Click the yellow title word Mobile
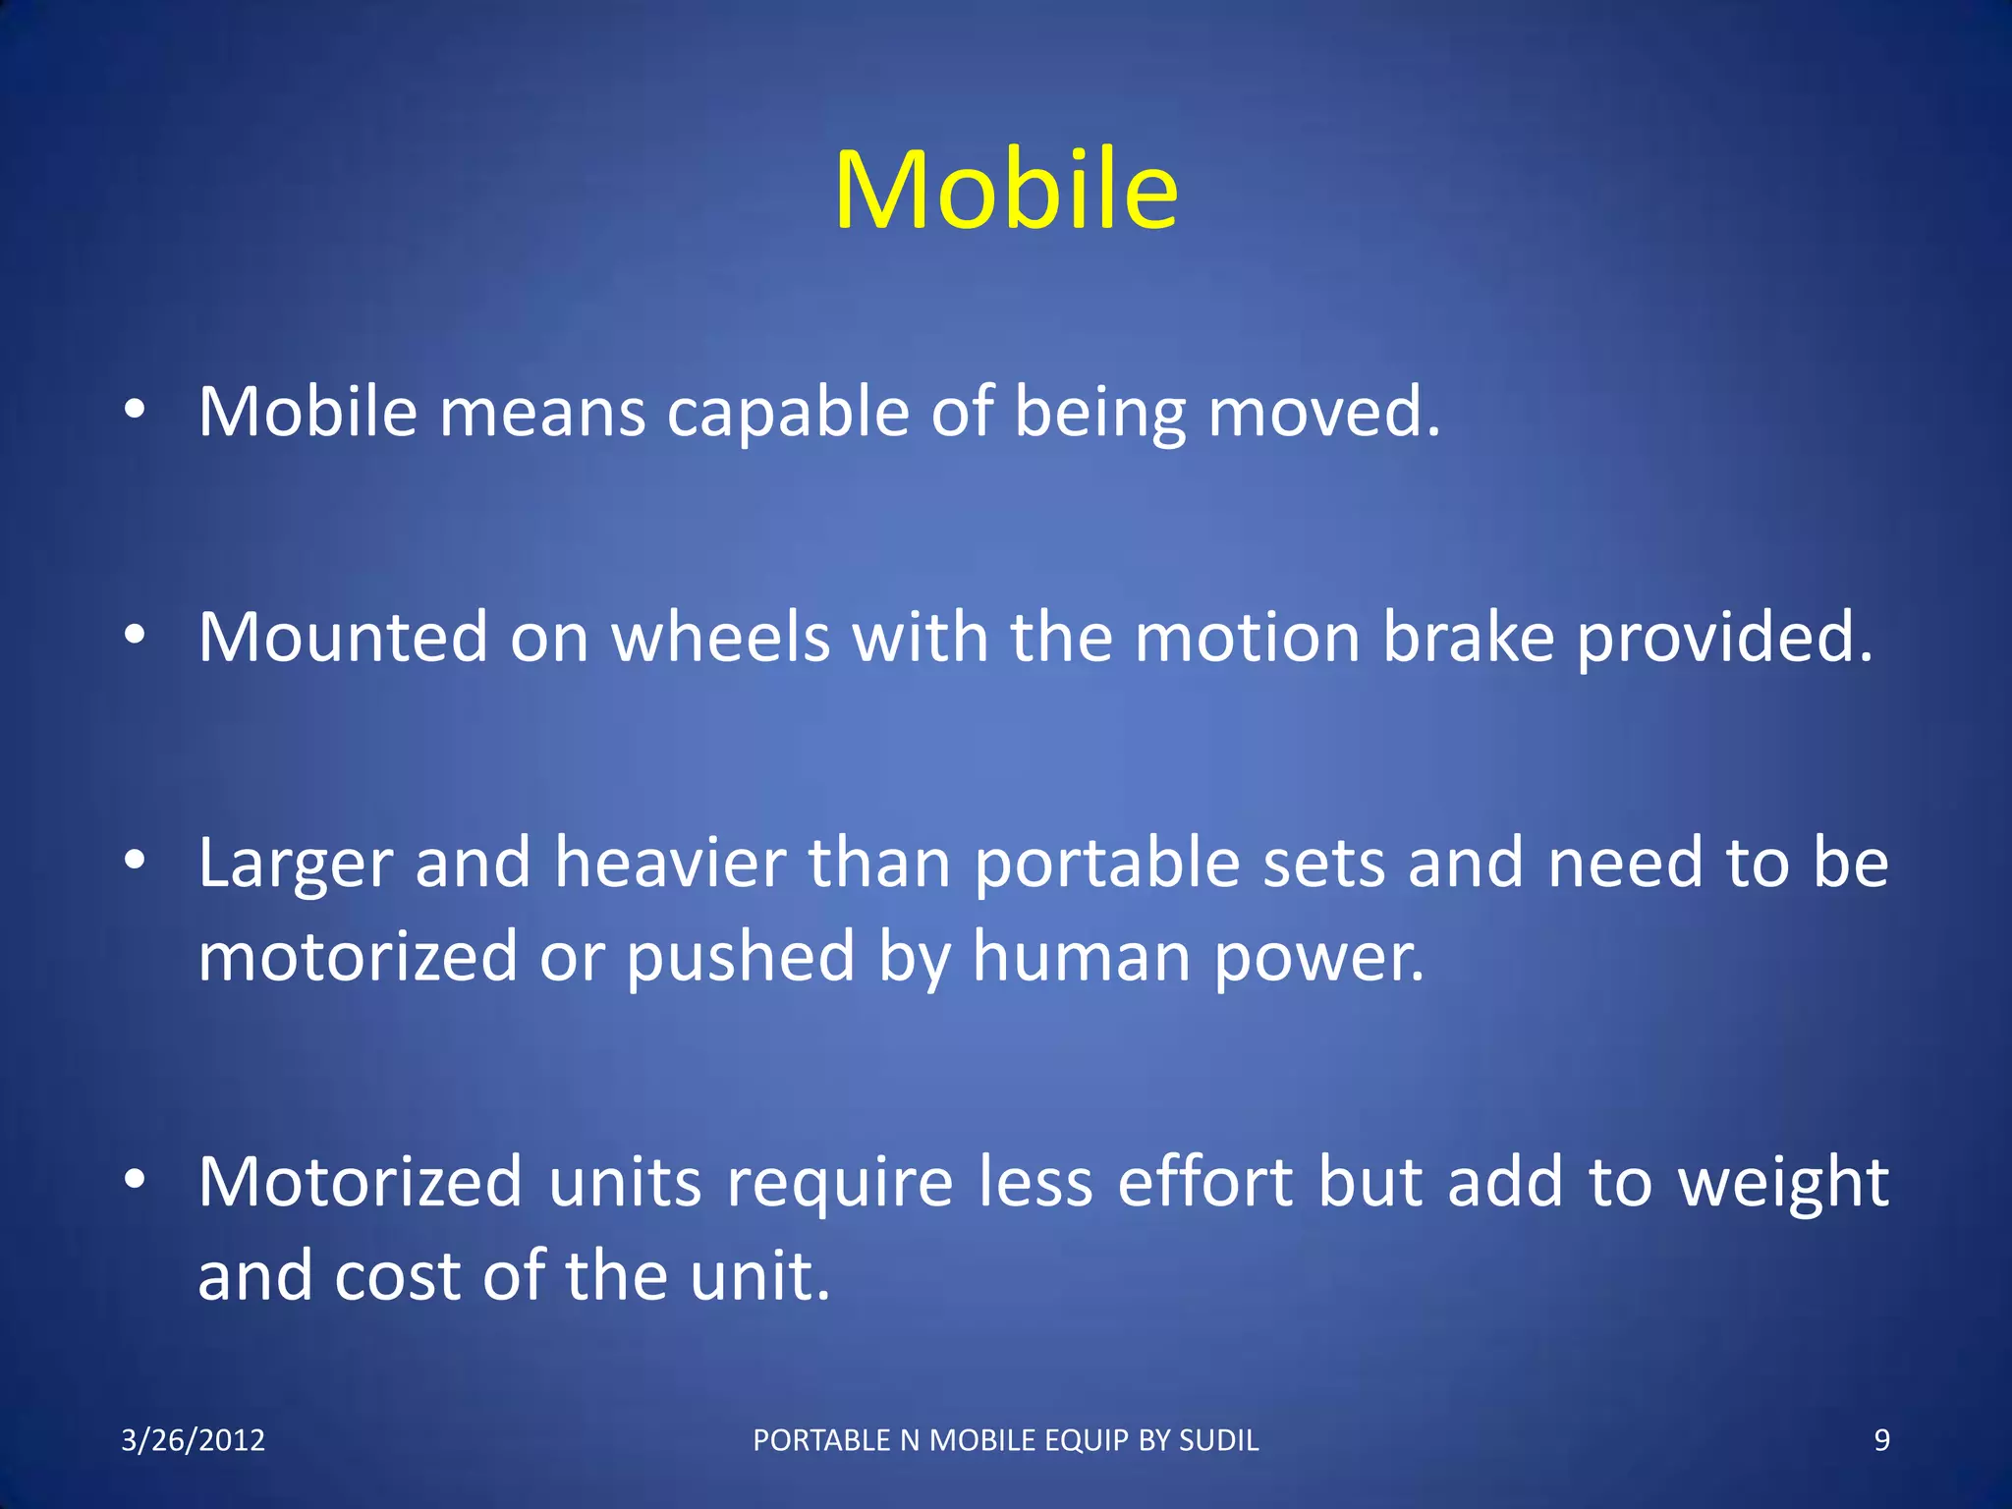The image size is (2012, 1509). point(1006,191)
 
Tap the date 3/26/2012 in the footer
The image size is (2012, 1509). point(193,1440)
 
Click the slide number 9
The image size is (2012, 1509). point(1881,1440)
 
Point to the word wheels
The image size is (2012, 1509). point(721,639)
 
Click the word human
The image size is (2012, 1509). point(1081,958)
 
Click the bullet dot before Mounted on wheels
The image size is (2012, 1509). point(135,636)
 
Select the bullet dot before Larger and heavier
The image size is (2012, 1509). point(135,862)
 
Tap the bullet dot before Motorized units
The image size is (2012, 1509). point(135,1179)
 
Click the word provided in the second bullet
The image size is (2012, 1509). point(1725,639)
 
